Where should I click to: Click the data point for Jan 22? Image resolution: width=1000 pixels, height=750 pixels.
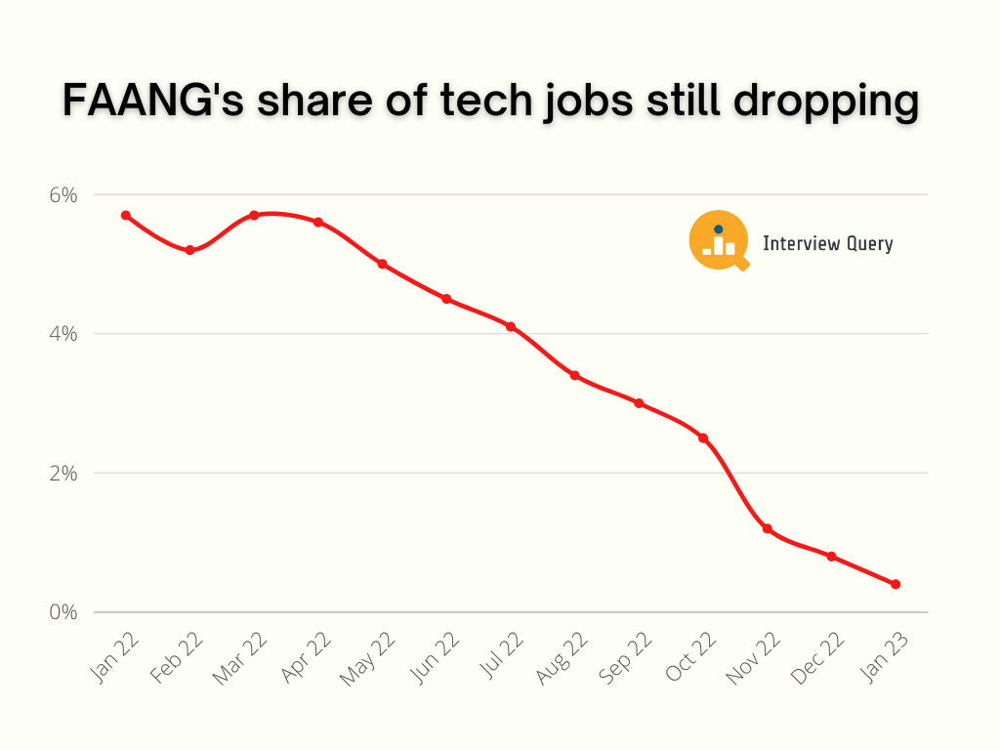coord(126,215)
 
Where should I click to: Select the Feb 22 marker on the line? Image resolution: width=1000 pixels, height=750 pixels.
coord(189,250)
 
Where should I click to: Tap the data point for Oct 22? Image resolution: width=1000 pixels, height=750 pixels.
coord(703,437)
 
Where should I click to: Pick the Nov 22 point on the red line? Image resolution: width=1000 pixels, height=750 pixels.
coord(768,528)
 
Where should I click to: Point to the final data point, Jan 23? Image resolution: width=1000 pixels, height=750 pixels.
coord(896,584)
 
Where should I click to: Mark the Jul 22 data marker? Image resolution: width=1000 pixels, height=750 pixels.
coord(511,326)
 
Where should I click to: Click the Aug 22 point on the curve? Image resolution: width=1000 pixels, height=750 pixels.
coord(575,375)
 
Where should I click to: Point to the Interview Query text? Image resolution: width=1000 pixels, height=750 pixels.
coord(827,243)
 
